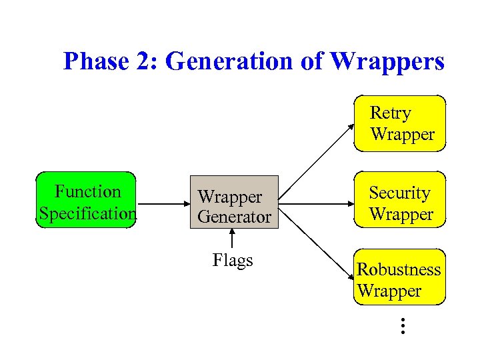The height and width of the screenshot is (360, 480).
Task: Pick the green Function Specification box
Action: click(x=87, y=201)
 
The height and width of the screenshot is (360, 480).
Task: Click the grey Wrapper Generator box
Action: click(x=234, y=203)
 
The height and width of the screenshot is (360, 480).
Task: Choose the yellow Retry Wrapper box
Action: click(x=399, y=123)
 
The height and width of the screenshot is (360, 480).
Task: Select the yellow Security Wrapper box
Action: click(x=399, y=203)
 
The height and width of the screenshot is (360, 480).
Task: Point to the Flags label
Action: click(x=233, y=260)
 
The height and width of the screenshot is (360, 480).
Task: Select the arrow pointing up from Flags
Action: click(x=233, y=239)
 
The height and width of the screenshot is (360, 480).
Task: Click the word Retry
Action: click(x=391, y=113)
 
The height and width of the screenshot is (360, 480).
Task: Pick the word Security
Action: click(x=400, y=193)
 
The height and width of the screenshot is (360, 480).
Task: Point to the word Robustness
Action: click(x=399, y=269)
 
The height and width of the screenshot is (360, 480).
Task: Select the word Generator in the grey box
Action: click(x=235, y=217)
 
